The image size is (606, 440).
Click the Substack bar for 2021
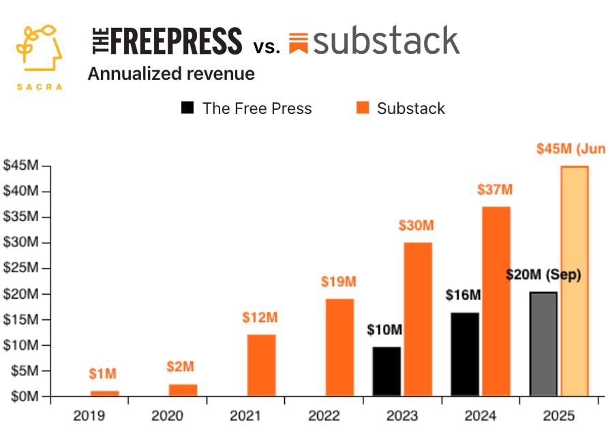pyautogui.click(x=261, y=365)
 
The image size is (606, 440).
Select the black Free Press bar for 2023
pyautogui.click(x=387, y=371)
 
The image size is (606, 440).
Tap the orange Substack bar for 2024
pyautogui.click(x=496, y=301)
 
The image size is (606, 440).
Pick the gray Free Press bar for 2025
pyautogui.click(x=543, y=344)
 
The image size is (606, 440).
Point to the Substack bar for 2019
pyautogui.click(x=104, y=393)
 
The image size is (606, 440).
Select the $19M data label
pyautogui.click(x=339, y=282)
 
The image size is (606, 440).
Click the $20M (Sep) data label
pyautogui.click(x=543, y=275)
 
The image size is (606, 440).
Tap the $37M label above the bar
pyautogui.click(x=495, y=190)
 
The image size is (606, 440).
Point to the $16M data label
pyautogui.click(x=464, y=295)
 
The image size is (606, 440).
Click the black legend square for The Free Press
pyautogui.click(x=187, y=108)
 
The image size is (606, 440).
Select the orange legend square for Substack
pyautogui.click(x=362, y=108)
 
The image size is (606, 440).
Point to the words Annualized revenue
pyautogui.click(x=171, y=74)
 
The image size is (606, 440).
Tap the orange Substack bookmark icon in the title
pyautogui.click(x=298, y=43)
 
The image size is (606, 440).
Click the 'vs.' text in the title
pyautogui.click(x=267, y=47)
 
